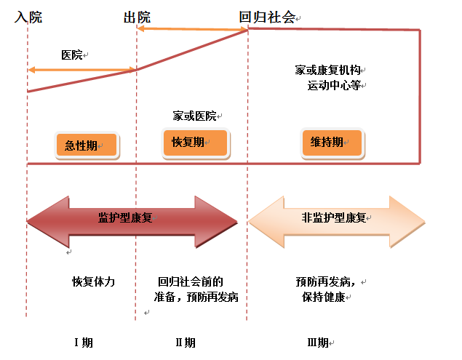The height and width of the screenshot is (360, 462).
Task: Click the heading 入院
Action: [28, 17]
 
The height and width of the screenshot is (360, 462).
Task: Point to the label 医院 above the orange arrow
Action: [72, 55]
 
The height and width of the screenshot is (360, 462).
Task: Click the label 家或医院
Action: [194, 116]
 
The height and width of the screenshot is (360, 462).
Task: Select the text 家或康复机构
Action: [327, 71]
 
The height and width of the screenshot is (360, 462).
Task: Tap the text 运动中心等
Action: [334, 85]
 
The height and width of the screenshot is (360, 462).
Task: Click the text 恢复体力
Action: [94, 281]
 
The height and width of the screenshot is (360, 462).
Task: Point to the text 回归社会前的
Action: [190, 281]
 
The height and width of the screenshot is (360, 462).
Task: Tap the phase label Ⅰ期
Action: [84, 343]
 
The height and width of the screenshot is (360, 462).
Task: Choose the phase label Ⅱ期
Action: [186, 343]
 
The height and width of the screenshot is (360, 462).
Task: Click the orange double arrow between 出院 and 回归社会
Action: [192, 28]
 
